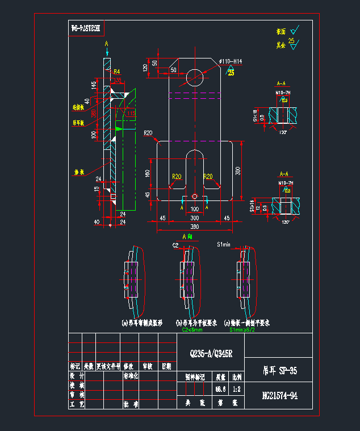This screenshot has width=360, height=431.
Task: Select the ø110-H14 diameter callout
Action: (x=231, y=61)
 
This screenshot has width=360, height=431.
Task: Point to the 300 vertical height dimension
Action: (x=238, y=170)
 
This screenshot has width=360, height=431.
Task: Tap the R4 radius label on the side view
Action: (x=116, y=72)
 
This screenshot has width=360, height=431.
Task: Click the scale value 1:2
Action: (x=236, y=389)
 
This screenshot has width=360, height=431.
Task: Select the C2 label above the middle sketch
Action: (x=175, y=245)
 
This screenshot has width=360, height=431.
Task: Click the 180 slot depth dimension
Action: (x=148, y=173)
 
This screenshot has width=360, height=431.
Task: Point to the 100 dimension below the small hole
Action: (x=194, y=210)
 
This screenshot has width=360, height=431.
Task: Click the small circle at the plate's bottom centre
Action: (x=195, y=196)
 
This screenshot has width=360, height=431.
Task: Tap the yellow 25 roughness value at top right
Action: (x=291, y=41)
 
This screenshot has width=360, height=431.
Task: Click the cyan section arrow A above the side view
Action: (x=106, y=44)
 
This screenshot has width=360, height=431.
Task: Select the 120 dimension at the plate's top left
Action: (x=145, y=68)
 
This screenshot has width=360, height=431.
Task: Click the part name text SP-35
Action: (x=287, y=371)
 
